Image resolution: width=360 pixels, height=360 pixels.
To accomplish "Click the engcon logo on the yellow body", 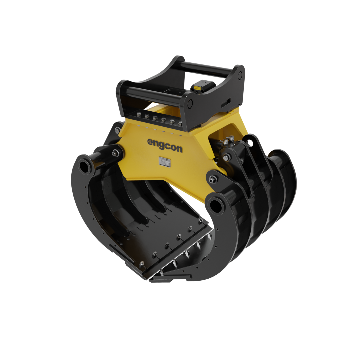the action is click(165, 145).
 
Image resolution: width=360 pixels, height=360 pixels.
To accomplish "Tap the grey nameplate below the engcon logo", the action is click(165, 161).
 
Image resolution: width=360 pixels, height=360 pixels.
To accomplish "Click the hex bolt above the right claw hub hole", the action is click(213, 179).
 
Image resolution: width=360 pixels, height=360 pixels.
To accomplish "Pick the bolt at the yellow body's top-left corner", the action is click(118, 130).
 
